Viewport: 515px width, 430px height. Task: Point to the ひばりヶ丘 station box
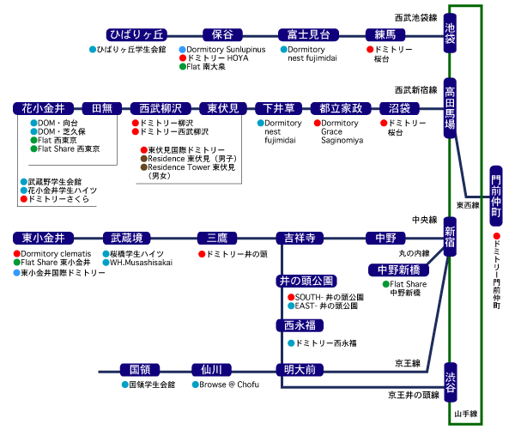pos(136,34)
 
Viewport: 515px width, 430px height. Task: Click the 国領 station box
pos(141,370)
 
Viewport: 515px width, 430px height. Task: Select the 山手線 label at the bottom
pos(468,415)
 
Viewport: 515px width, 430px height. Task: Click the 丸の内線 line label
pos(414,253)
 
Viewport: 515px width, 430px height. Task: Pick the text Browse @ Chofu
pos(229,385)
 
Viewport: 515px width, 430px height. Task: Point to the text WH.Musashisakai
pos(141,263)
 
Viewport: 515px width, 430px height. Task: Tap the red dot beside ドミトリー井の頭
pos(202,254)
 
